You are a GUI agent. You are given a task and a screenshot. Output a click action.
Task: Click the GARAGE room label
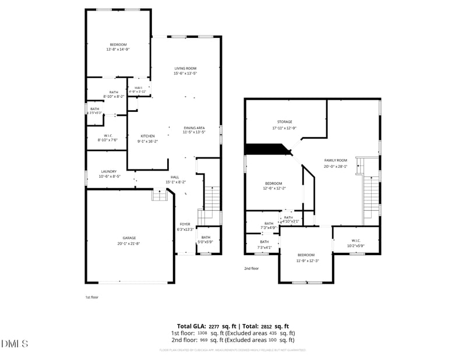click(x=129, y=238)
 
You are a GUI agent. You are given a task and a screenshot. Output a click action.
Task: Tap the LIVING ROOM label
click(x=185, y=68)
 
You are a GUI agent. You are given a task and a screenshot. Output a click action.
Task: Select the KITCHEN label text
click(x=147, y=136)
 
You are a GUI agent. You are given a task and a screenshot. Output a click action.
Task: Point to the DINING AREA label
click(x=194, y=128)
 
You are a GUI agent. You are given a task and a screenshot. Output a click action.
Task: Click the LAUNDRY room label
click(x=109, y=171)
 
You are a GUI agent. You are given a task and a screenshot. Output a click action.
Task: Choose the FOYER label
click(x=185, y=224)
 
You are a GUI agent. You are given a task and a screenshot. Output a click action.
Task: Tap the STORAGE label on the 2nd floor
click(x=284, y=122)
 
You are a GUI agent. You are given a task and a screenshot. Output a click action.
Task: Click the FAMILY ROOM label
click(x=336, y=160)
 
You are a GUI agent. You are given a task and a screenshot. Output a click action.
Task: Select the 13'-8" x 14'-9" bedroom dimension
click(x=118, y=50)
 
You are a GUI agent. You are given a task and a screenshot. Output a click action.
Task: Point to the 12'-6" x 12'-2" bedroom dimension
click(x=274, y=188)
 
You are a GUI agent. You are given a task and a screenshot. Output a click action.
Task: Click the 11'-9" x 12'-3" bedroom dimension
click(x=306, y=260)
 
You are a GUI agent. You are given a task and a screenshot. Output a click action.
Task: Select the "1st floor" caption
click(x=93, y=297)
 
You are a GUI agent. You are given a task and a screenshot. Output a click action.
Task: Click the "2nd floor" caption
click(x=251, y=269)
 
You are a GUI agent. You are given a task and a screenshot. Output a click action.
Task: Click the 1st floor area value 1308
click(x=202, y=333)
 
